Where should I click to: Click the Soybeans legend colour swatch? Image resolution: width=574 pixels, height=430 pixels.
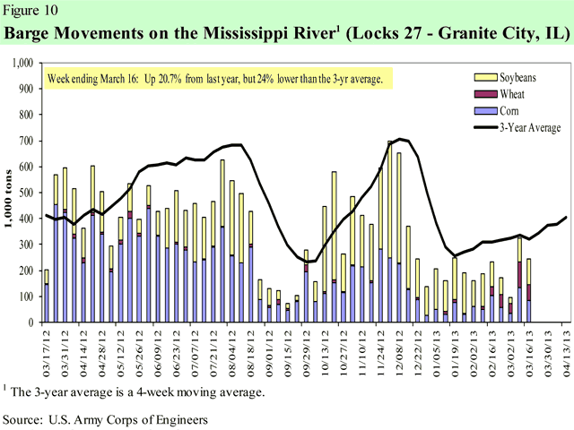coord(483,78)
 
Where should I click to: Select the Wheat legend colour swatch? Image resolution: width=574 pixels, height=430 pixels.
coord(483,94)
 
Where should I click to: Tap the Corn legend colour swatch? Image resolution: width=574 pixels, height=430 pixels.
coord(483,110)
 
